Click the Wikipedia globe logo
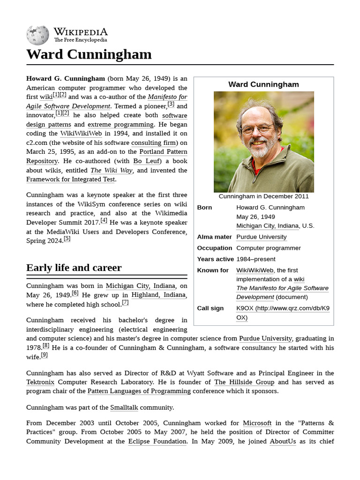click(37, 35)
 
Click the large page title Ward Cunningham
click(89, 54)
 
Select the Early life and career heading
click(74, 268)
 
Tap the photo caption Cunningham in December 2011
click(263, 196)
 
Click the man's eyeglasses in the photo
click(257, 128)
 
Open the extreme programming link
click(120, 124)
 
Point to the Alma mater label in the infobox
click(214, 237)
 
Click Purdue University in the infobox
click(261, 237)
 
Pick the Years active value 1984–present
click(255, 259)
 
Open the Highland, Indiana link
click(158, 295)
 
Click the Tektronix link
click(40, 382)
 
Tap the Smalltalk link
click(124, 407)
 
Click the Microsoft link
click(257, 423)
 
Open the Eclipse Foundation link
click(157, 441)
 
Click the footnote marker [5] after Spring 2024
click(67, 239)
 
